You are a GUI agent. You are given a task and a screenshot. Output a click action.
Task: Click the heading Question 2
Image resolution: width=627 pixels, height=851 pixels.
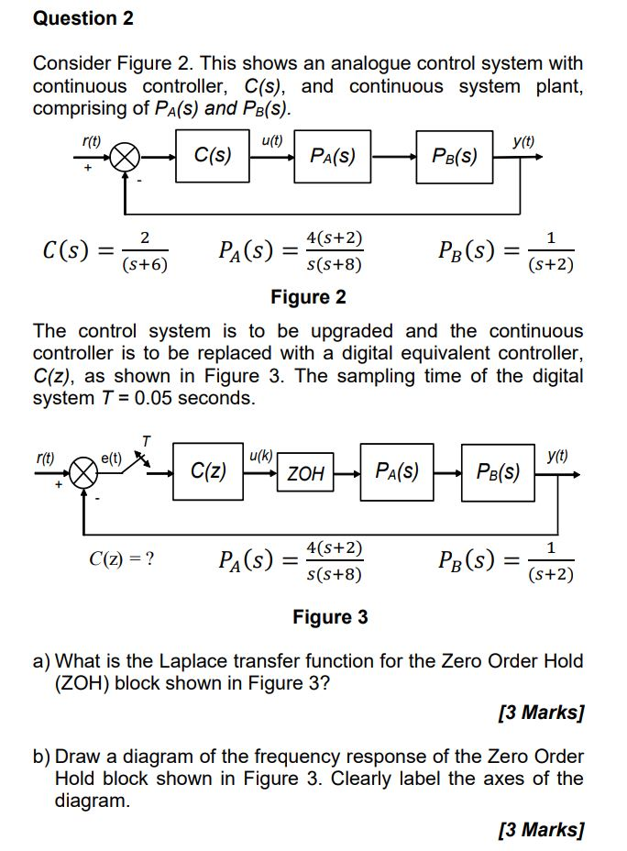83,18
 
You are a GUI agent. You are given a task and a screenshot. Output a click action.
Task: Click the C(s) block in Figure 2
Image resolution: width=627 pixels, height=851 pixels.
213,156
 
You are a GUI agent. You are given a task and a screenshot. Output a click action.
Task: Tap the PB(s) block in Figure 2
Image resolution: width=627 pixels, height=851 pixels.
456,157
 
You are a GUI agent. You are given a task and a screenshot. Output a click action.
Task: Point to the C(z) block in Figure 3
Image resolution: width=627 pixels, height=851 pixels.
208,472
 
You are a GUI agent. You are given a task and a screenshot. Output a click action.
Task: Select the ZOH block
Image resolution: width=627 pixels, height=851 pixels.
306,474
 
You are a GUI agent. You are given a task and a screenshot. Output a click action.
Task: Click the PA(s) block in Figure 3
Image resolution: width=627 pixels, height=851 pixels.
398,473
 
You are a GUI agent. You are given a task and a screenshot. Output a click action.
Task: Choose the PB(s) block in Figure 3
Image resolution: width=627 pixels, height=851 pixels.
499,474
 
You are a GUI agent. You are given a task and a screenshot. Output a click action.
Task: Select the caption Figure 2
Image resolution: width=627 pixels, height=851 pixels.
308,297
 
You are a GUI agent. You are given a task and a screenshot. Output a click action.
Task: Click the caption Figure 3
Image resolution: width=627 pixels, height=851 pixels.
330,617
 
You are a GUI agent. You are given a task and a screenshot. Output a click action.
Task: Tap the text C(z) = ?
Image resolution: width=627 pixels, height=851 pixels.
121,558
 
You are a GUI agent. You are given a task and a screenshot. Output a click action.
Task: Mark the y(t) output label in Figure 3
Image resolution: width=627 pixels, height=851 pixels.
556,456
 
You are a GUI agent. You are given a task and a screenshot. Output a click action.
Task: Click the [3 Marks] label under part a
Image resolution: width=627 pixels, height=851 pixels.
541,713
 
